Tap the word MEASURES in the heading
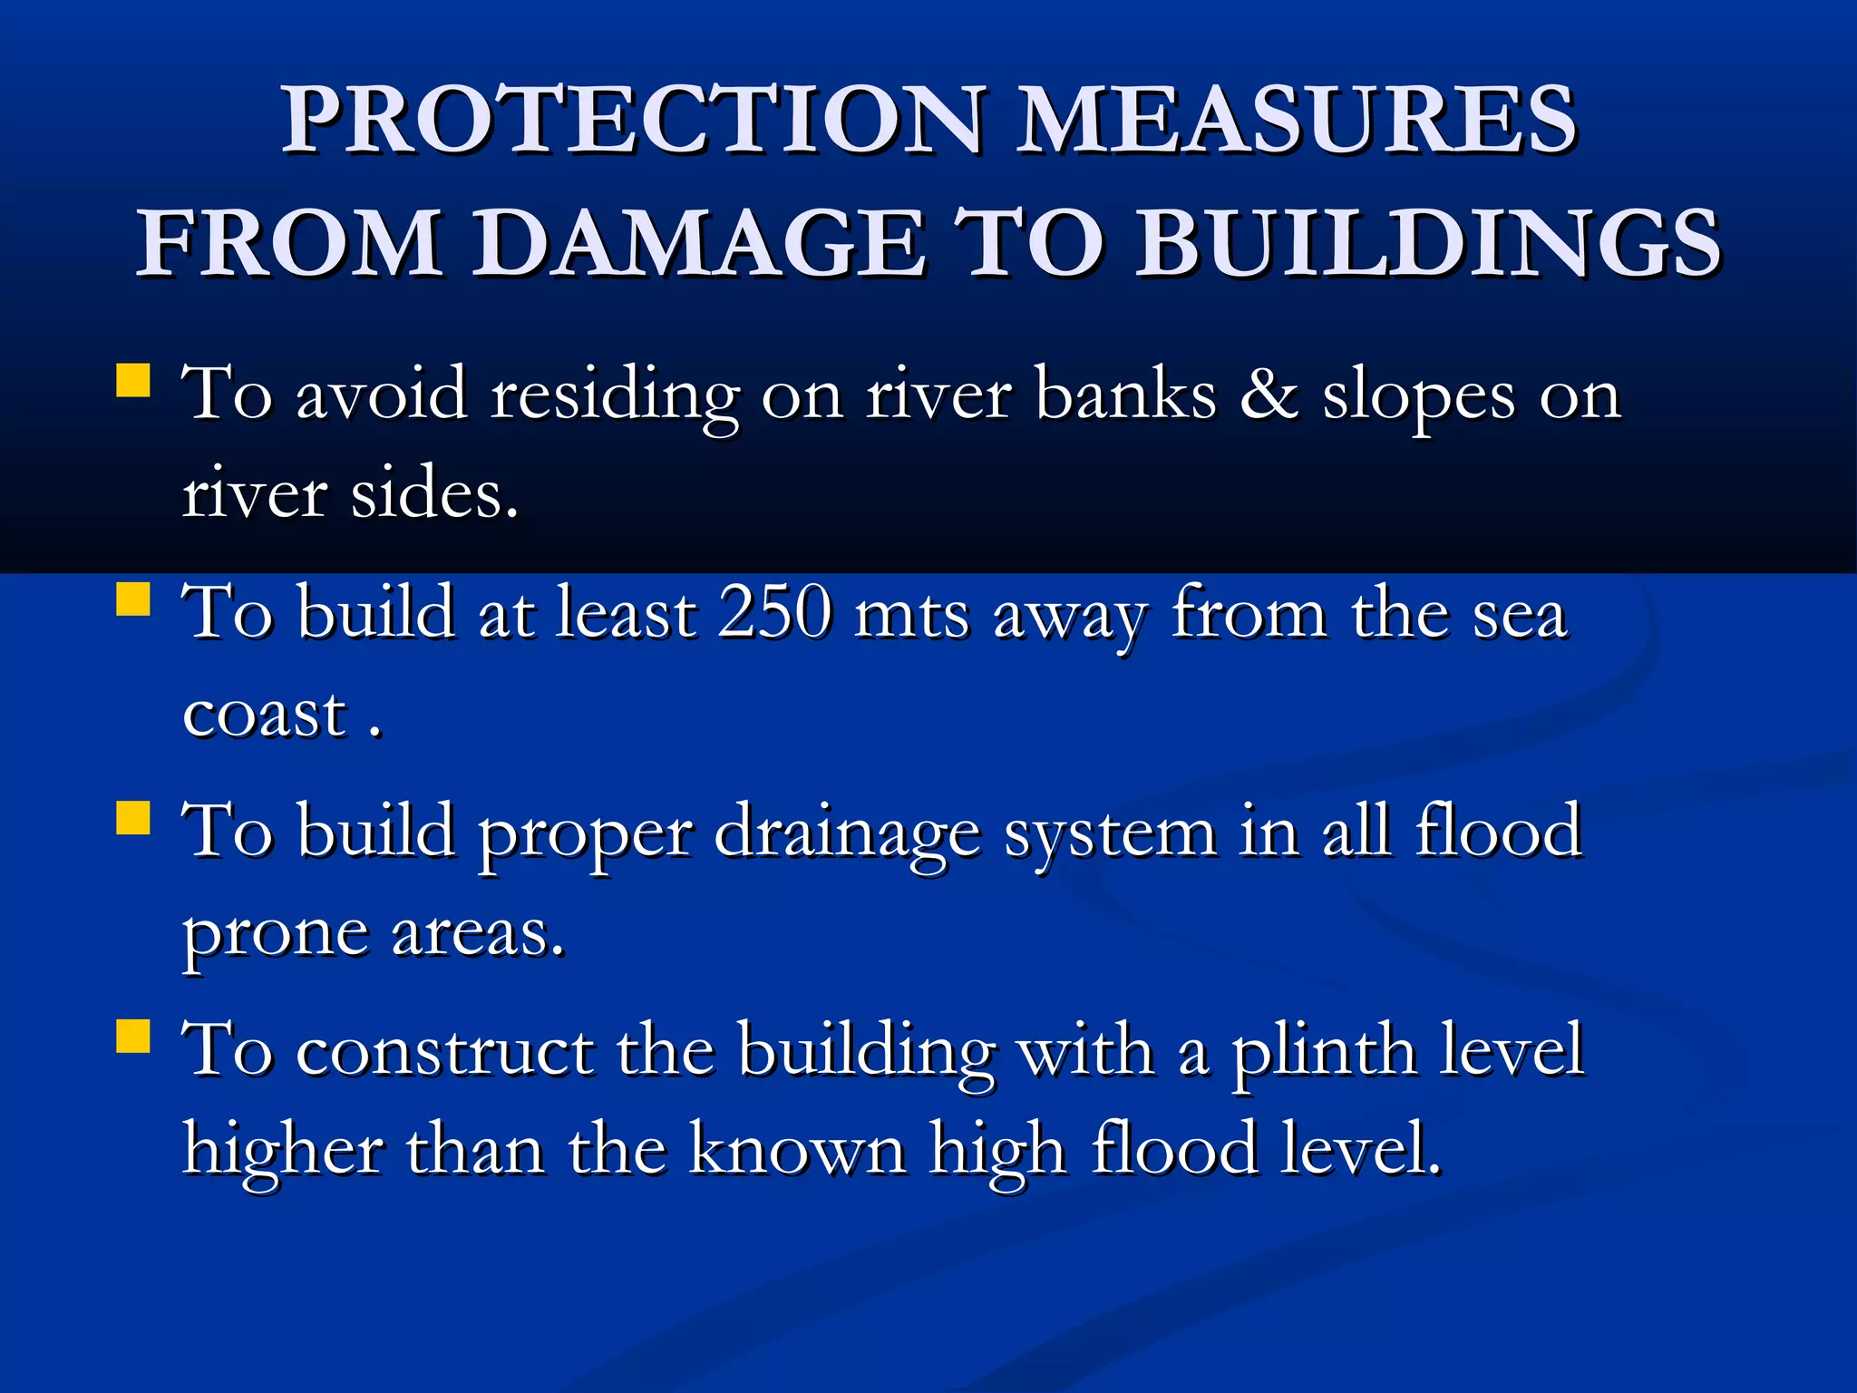coord(1297,120)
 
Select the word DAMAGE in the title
coord(702,243)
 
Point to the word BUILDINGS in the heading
coord(1427,243)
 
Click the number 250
coord(775,613)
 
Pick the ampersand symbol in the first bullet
coord(1269,395)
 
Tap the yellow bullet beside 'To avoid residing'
coord(133,381)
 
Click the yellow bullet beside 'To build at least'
coord(133,599)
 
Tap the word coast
coord(265,715)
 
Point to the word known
coord(798,1150)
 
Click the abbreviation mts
coord(912,617)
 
